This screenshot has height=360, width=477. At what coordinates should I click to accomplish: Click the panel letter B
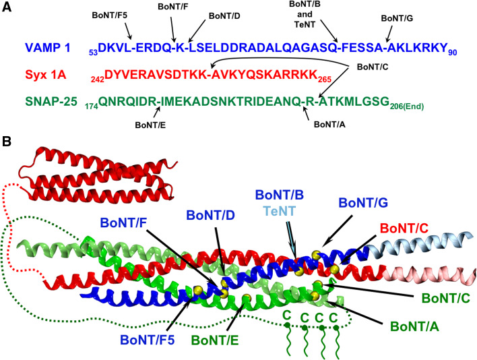7,143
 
